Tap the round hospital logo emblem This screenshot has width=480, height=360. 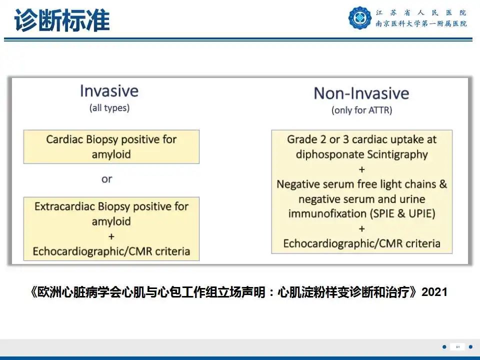360,17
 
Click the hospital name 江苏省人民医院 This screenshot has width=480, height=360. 421,12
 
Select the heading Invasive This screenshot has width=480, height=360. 109,91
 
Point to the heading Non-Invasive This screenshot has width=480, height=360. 361,93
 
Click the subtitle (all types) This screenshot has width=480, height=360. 109,108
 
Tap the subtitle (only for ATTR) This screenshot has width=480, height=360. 361,110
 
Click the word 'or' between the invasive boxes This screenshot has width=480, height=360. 106,179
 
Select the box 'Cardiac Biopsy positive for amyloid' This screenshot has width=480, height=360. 111,146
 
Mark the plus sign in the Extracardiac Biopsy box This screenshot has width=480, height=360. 111,236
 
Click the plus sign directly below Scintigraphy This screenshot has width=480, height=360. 361,169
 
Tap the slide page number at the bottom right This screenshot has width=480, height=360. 457,347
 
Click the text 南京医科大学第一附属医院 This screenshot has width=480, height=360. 421,24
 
